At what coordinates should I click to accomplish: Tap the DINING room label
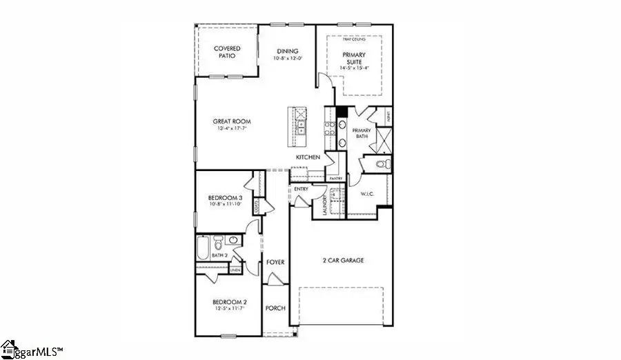287,50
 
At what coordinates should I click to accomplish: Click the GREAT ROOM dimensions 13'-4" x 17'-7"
230,128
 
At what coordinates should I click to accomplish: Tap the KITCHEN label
308,157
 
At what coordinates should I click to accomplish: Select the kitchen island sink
302,127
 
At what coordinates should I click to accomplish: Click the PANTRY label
336,179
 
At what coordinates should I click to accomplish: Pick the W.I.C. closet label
367,194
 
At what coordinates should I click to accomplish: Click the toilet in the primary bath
384,164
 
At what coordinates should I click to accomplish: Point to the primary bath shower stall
382,141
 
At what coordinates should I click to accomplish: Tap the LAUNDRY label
324,204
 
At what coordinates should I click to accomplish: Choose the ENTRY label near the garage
301,188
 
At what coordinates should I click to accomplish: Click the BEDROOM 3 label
226,197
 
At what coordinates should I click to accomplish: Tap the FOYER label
275,262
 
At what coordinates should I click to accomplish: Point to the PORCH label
275,308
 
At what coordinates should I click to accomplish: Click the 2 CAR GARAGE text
343,261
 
